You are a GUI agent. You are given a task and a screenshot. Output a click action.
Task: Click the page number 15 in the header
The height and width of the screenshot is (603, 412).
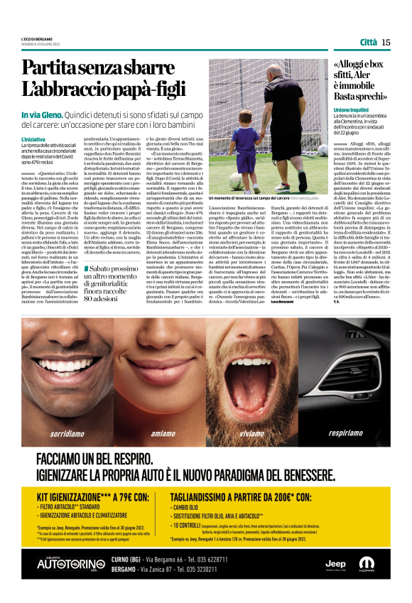[x=386, y=42]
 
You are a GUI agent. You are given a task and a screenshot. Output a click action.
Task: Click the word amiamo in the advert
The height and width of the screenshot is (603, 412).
[x=163, y=433]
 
